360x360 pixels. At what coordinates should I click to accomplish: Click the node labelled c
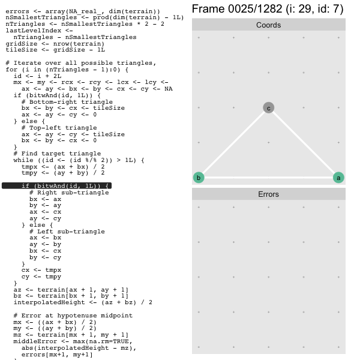(268, 108)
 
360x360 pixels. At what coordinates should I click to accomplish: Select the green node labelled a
(338, 178)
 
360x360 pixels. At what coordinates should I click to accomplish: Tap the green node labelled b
(199, 178)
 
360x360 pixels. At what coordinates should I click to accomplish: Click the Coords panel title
(268, 25)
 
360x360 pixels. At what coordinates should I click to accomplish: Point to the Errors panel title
(268, 194)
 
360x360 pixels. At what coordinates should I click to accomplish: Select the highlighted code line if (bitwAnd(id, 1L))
(65, 186)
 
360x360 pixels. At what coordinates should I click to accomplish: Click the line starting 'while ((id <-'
(79, 160)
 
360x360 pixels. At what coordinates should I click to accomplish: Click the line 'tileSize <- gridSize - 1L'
(55, 50)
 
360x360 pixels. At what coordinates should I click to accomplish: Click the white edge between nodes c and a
(303, 143)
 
